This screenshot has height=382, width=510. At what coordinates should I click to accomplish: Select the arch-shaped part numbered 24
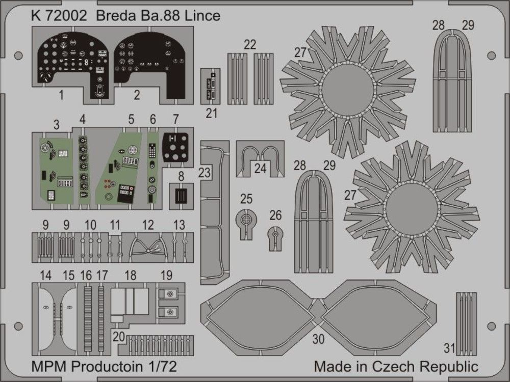(x=261, y=157)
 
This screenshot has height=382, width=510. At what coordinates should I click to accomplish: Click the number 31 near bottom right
(x=449, y=348)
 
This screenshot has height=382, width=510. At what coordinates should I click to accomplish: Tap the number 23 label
(x=205, y=173)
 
